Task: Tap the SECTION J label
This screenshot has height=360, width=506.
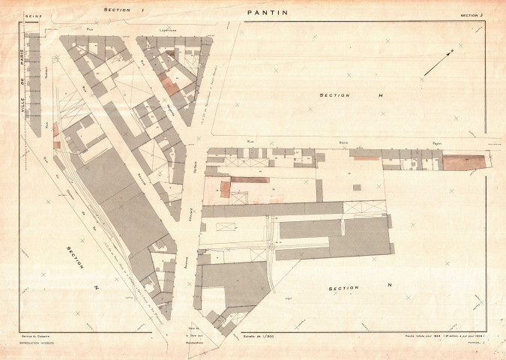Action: click(472, 13)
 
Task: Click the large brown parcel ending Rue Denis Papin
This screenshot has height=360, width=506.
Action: click(463, 161)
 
